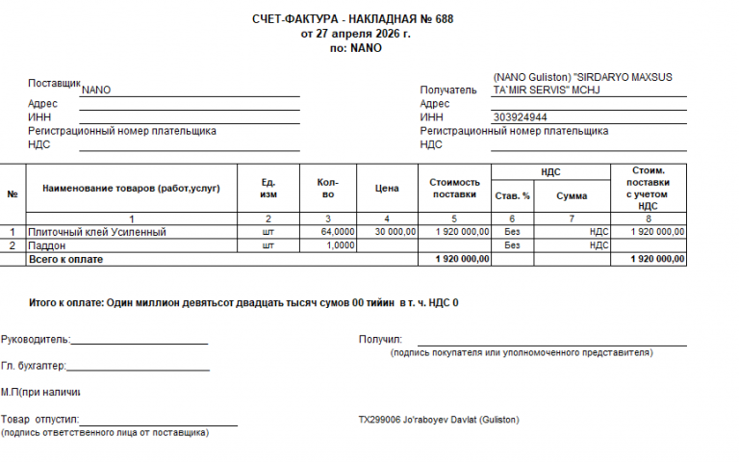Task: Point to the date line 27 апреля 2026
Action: click(x=355, y=33)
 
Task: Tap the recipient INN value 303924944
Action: click(x=521, y=117)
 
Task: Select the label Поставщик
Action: click(x=55, y=84)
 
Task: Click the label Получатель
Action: click(x=448, y=90)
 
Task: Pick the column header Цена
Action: click(x=386, y=189)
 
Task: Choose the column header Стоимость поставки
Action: click(x=454, y=188)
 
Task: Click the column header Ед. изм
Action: click(x=268, y=188)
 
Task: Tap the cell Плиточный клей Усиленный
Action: click(x=97, y=232)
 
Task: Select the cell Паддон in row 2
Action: click(x=47, y=245)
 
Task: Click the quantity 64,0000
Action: click(x=338, y=232)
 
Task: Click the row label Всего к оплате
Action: click(x=65, y=259)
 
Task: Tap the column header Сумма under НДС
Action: click(x=571, y=195)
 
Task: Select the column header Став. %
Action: click(x=512, y=195)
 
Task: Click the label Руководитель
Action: click(x=36, y=340)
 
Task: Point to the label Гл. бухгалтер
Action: click(x=34, y=366)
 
